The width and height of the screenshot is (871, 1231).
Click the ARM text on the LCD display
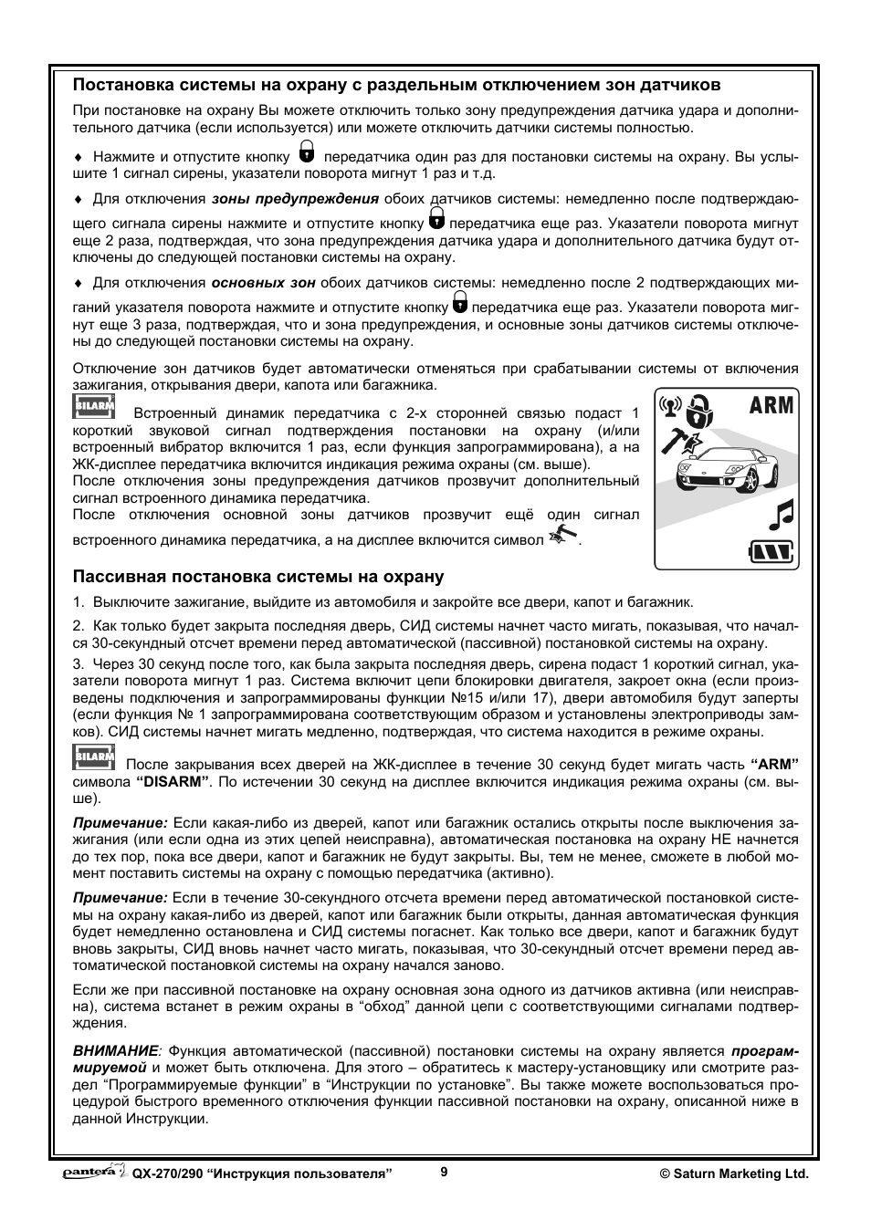tap(771, 404)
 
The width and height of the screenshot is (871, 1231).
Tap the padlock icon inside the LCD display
tap(698, 412)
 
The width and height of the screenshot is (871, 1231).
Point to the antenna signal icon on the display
tap(671, 405)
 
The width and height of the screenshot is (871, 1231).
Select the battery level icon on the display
tap(771, 551)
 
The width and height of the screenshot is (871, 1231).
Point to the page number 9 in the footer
tap(444, 1173)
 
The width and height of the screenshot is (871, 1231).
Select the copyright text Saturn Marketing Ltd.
tap(734, 1174)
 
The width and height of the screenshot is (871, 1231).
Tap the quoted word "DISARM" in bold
tap(173, 781)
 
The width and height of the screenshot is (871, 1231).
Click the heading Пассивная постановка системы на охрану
tap(258, 577)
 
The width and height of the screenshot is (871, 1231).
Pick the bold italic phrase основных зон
tap(263, 283)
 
